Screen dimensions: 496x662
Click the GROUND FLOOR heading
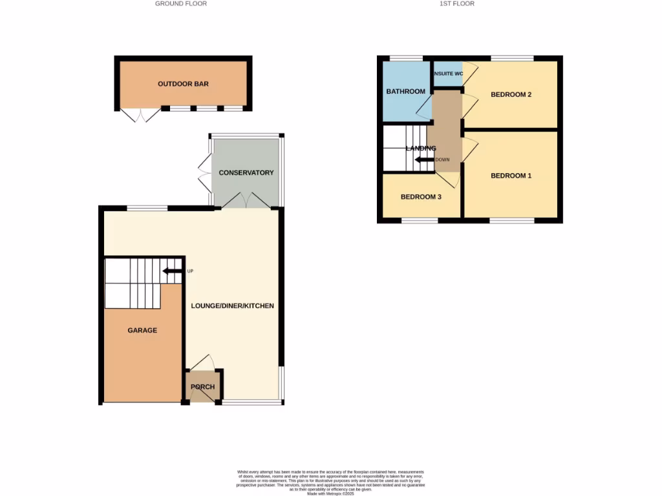(181, 4)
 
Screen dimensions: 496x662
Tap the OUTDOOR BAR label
(183, 84)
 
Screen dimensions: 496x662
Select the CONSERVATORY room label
(246, 173)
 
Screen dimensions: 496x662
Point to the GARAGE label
(142, 331)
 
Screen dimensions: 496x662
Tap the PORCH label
(202, 387)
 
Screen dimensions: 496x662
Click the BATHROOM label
(405, 92)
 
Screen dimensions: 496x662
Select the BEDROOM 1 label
(511, 176)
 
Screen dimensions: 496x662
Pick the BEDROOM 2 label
(511, 95)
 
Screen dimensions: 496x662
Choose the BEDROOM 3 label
(421, 197)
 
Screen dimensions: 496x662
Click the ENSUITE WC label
(448, 74)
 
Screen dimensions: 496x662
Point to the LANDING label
(421, 149)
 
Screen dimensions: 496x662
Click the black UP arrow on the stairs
(171, 271)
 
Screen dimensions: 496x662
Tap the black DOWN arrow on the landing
(424, 160)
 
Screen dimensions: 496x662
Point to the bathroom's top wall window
(406, 59)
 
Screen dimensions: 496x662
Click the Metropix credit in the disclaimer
(331, 493)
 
